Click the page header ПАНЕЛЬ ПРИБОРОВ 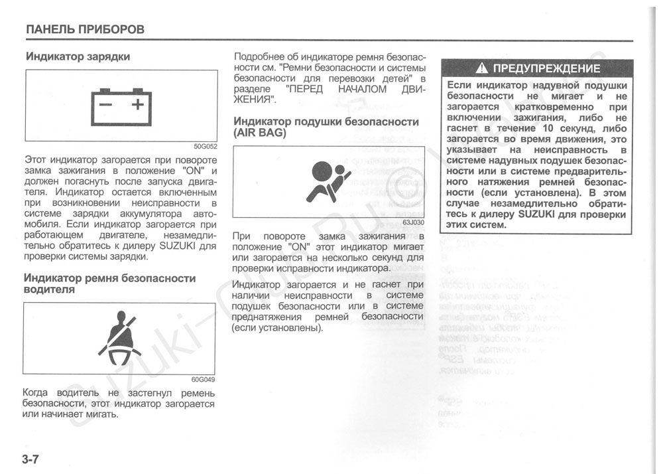tap(85, 29)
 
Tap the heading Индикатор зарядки tap(78, 56)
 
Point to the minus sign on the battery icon tap(105, 104)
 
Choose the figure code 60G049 tap(204, 380)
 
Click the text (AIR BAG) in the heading tap(259, 133)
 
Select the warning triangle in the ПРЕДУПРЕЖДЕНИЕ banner tap(482, 68)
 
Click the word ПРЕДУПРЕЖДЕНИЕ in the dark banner tap(547, 68)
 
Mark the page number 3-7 tap(31, 459)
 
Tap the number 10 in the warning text tap(548, 128)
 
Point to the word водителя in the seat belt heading tap(49, 289)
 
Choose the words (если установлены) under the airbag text tap(278, 327)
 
